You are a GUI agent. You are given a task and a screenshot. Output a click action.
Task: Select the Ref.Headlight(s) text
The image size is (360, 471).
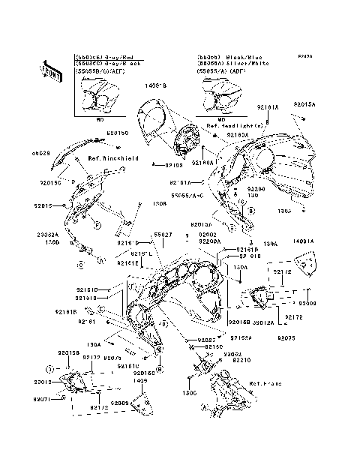238,127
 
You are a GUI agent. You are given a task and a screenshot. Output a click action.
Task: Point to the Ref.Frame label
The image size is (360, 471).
265,383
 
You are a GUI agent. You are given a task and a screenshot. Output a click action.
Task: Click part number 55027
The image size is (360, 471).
163,235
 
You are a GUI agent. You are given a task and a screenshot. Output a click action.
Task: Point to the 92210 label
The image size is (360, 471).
241,360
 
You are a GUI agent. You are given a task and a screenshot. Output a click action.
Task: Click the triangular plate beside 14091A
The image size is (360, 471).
304,262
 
